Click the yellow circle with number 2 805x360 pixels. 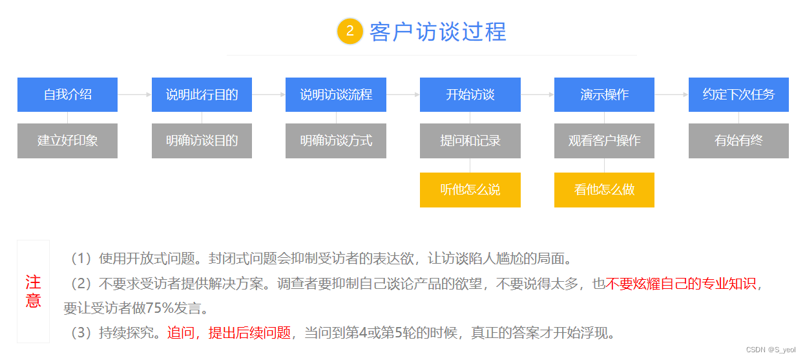pos(350,31)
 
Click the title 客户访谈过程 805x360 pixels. pos(438,32)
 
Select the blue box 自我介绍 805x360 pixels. pos(67,94)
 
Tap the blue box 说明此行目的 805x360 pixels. pos(202,94)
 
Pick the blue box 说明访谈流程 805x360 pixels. pos(336,94)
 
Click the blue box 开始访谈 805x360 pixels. pos(470,94)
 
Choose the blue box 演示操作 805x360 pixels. pos(604,94)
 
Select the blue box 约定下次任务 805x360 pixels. pos(738,94)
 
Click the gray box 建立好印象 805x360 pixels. pos(67,140)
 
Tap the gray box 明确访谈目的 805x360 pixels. pos(202,140)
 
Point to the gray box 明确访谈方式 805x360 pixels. pos(336,140)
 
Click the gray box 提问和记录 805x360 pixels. pos(470,140)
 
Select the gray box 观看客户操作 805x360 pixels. pos(604,140)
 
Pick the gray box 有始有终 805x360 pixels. pos(738,140)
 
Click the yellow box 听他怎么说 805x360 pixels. pos(470,190)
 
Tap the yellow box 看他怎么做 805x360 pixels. pos(604,190)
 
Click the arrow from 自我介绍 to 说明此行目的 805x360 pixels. pos(134,94)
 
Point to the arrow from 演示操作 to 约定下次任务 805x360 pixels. pos(671,94)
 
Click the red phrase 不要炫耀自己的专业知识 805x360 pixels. pos(680,284)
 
